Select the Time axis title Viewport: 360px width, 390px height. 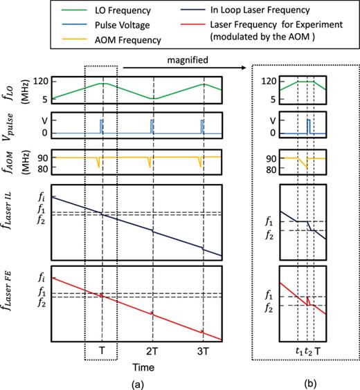click(x=152, y=364)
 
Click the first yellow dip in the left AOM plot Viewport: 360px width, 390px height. click(x=99, y=162)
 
